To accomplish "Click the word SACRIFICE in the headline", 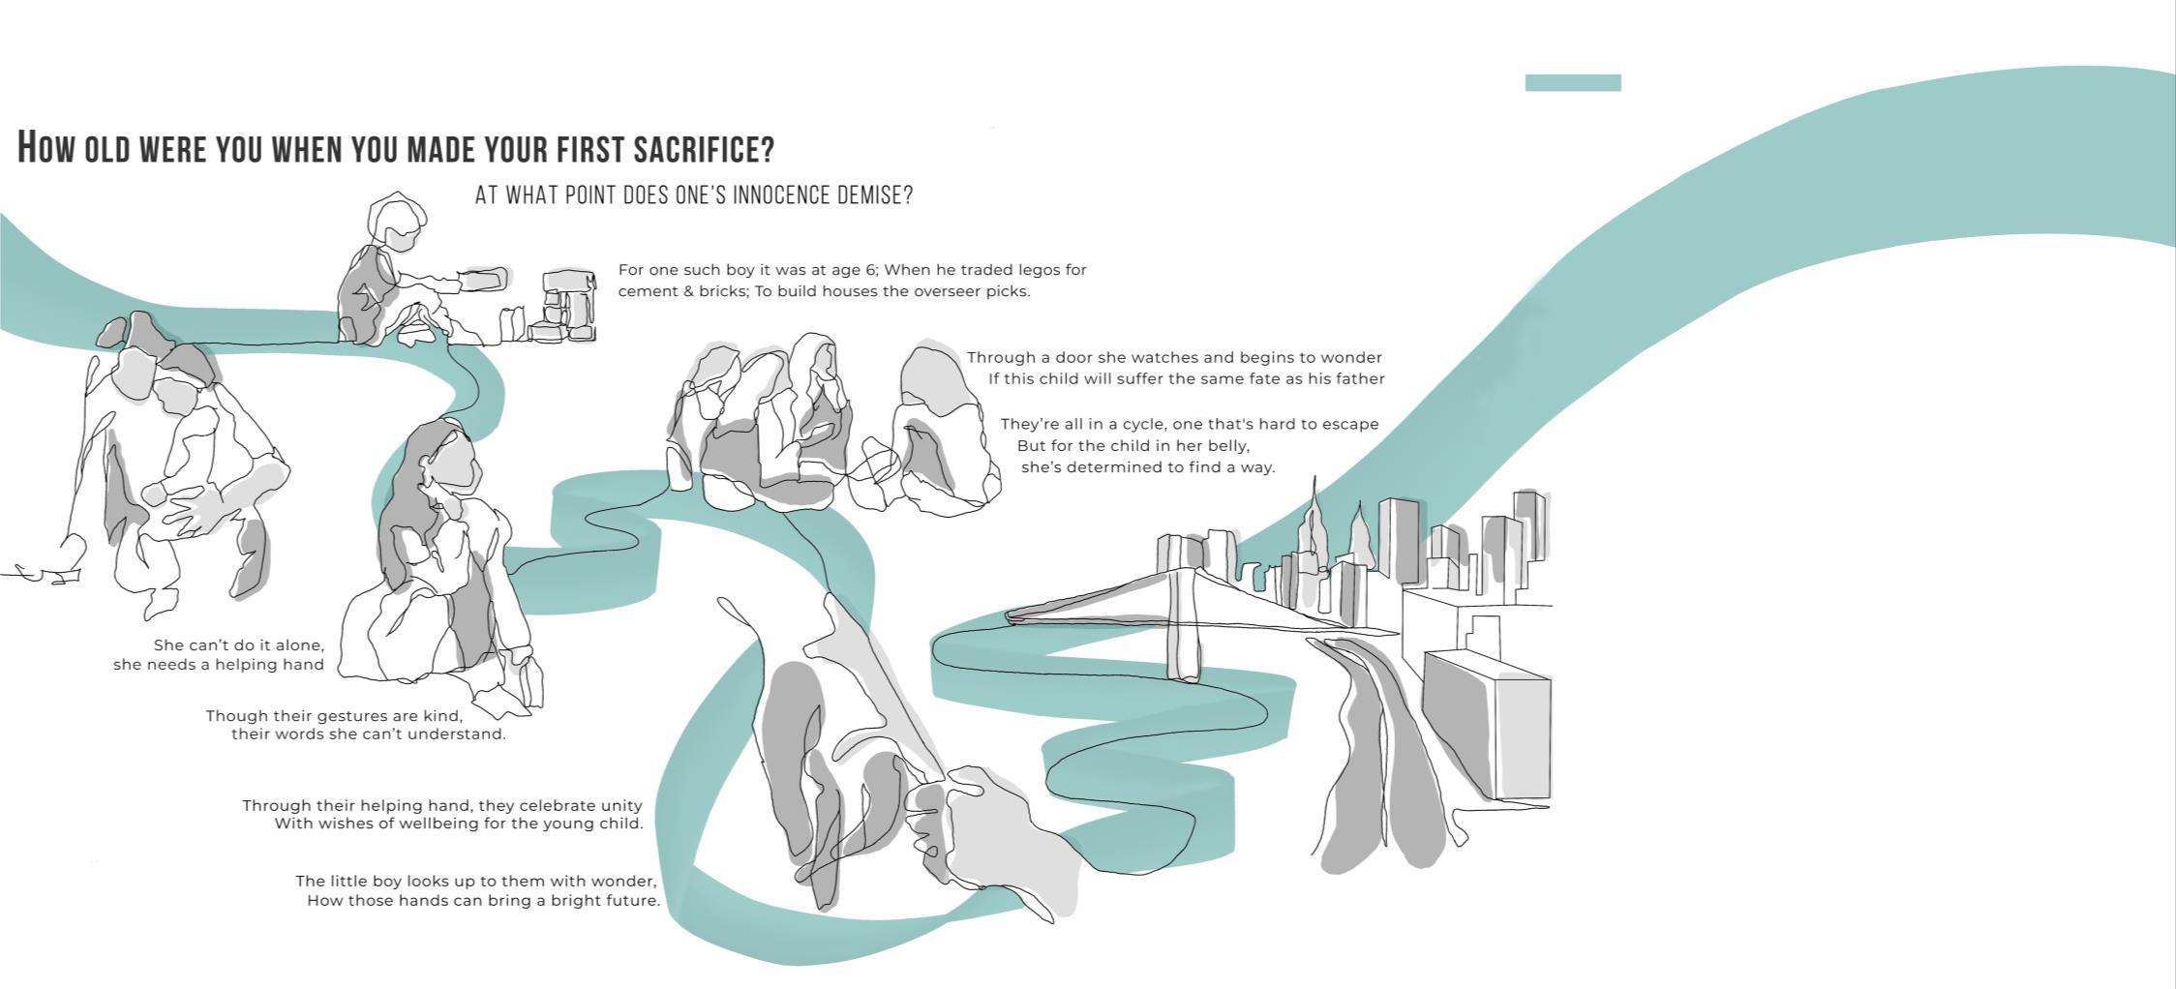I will pyautogui.click(x=704, y=149).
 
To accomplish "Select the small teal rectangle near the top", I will pyautogui.click(x=1573, y=83).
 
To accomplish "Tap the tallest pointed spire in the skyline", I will pyautogui.click(x=1313, y=527).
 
